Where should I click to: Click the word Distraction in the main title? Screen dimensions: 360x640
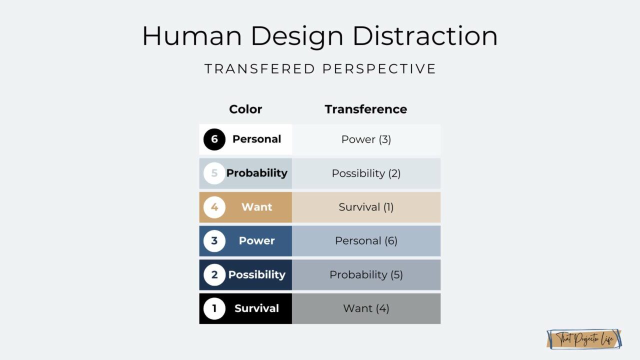[x=424, y=36]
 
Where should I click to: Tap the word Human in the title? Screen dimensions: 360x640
[x=192, y=36]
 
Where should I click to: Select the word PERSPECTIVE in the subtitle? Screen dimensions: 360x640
[x=379, y=69]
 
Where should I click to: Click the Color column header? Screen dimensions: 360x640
[x=245, y=109]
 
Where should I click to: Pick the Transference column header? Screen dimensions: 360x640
[x=365, y=109]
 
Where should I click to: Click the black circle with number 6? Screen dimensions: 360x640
[x=214, y=139]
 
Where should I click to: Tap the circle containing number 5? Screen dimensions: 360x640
[x=214, y=173]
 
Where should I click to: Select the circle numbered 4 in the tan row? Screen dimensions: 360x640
[x=214, y=207]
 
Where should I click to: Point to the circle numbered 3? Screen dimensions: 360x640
[x=214, y=240]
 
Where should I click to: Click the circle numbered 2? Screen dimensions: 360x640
[x=214, y=274]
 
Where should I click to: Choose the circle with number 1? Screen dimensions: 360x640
[x=214, y=308]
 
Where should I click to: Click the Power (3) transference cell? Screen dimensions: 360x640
[x=366, y=139]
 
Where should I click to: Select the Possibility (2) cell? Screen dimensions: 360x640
[x=366, y=173]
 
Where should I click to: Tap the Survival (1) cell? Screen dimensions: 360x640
[x=366, y=207]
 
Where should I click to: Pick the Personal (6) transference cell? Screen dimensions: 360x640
[x=366, y=241]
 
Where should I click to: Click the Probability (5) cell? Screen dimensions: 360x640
[x=366, y=274]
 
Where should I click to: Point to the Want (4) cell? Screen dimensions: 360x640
[x=366, y=308]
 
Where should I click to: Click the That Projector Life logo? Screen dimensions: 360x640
[x=584, y=339]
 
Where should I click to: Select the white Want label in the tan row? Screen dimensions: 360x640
[x=256, y=207]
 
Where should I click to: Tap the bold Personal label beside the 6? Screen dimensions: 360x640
[x=256, y=139]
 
